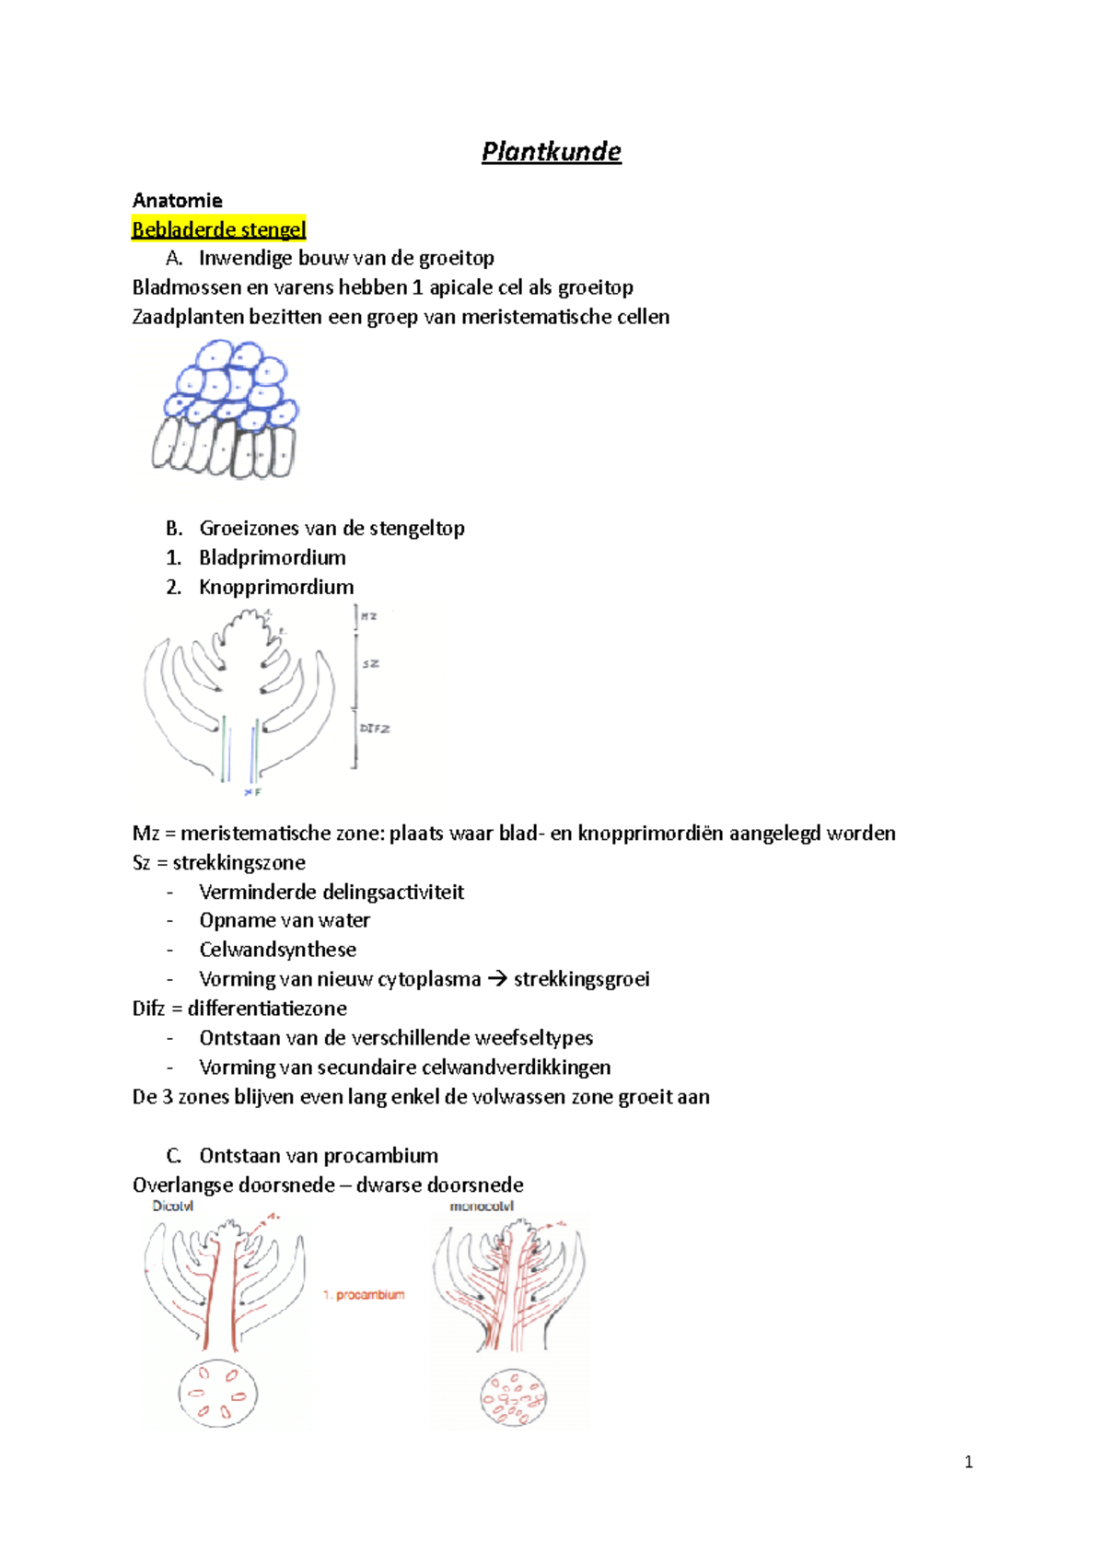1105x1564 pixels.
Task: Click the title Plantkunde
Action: click(552, 152)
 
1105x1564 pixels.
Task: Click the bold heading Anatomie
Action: click(177, 201)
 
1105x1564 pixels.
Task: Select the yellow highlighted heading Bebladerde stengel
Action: click(218, 229)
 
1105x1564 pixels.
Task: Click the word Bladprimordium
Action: click(273, 557)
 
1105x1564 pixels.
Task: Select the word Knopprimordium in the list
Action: click(276, 587)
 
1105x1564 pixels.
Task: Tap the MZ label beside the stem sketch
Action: click(368, 616)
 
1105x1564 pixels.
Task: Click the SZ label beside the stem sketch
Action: click(370, 663)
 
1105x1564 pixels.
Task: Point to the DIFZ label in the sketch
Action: click(375, 729)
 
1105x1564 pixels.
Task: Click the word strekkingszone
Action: click(239, 863)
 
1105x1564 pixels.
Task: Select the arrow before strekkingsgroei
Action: click(497, 979)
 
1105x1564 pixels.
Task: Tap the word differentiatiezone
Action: click(267, 1009)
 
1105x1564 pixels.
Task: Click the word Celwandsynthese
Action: click(277, 950)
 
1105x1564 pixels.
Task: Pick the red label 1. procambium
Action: click(364, 1295)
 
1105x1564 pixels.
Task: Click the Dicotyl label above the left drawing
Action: click(173, 1206)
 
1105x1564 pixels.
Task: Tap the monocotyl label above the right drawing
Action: click(482, 1206)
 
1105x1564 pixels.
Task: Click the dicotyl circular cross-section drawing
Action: click(217, 1394)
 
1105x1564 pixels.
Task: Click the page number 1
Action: click(968, 1462)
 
